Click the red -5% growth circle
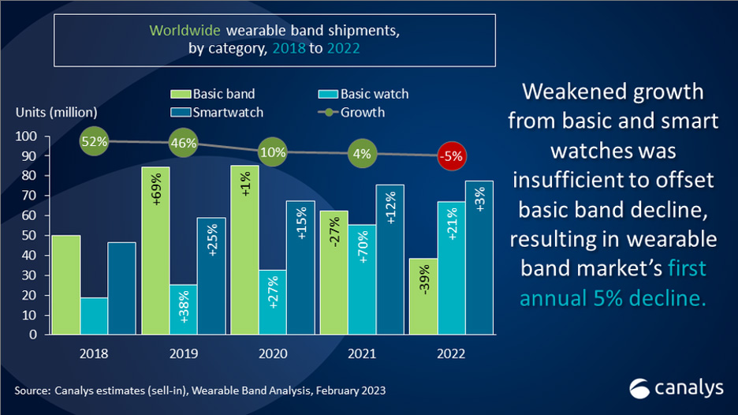click(452, 156)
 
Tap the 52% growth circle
click(94, 141)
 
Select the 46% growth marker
click(183, 143)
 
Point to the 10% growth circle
click(273, 152)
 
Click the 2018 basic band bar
click(66, 285)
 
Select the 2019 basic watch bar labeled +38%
click(183, 309)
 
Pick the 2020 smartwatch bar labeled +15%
click(300, 267)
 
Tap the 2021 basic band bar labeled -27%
click(334, 273)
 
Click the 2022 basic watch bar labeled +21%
click(451, 268)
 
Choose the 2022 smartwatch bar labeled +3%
click(479, 258)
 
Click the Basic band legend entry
click(213, 94)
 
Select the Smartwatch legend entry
click(217, 112)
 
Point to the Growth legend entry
click(351, 112)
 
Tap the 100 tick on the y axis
click(26, 136)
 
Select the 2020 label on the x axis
click(273, 353)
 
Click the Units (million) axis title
click(57, 112)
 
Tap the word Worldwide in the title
click(184, 30)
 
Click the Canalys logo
click(676, 388)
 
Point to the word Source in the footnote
click(32, 391)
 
